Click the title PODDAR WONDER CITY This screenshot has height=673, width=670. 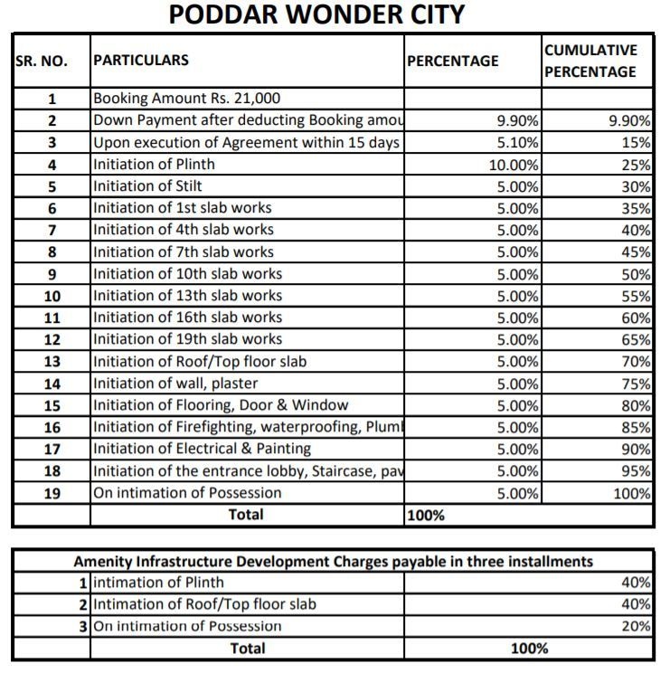(316, 15)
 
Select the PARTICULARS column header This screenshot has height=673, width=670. (141, 61)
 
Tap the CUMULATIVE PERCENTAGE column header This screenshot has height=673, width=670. (590, 61)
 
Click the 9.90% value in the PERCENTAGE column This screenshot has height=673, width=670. (518, 121)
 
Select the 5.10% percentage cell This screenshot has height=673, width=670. (518, 143)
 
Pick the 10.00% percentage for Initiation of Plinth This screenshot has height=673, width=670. (514, 165)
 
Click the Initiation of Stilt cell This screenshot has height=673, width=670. (147, 186)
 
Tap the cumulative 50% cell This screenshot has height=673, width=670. (637, 274)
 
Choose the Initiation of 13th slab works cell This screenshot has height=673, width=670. (188, 296)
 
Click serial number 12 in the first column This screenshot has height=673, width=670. (52, 339)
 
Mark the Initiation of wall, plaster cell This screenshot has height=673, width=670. (175, 384)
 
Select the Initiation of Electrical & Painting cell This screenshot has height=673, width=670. (202, 449)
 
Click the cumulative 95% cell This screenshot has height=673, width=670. (637, 470)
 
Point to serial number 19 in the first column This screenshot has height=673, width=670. (52, 493)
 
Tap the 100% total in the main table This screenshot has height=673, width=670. (426, 516)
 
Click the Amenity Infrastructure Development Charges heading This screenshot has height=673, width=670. (334, 562)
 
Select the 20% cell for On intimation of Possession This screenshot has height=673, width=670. (637, 626)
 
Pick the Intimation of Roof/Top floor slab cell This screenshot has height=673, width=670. (205, 604)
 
